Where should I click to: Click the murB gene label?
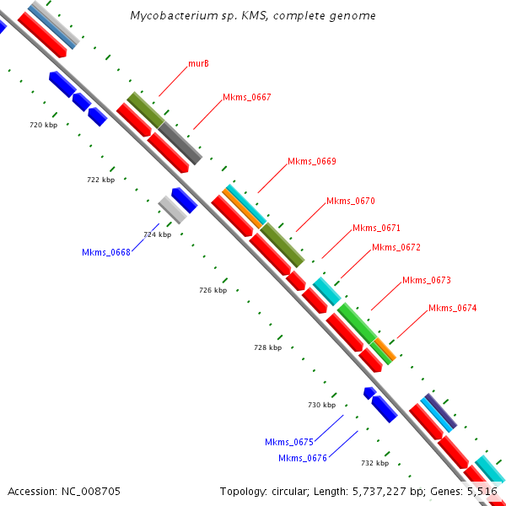coord(198,64)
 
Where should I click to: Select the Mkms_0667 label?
coord(246,98)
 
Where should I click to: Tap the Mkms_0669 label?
coord(311,161)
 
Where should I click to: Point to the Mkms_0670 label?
coord(350,201)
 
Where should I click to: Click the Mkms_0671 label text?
coord(376,228)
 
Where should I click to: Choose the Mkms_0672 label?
coord(396,247)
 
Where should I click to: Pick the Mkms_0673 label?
coord(426,280)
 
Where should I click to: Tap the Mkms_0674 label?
coord(452,308)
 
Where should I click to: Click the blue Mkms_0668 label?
coord(105,252)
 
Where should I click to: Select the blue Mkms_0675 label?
coord(288,442)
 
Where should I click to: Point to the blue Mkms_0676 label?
coord(302,458)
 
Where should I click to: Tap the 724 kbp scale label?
coord(157,234)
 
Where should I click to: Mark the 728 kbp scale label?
coord(267,347)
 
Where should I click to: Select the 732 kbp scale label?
coord(374,463)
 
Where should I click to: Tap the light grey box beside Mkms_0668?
coord(172,210)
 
